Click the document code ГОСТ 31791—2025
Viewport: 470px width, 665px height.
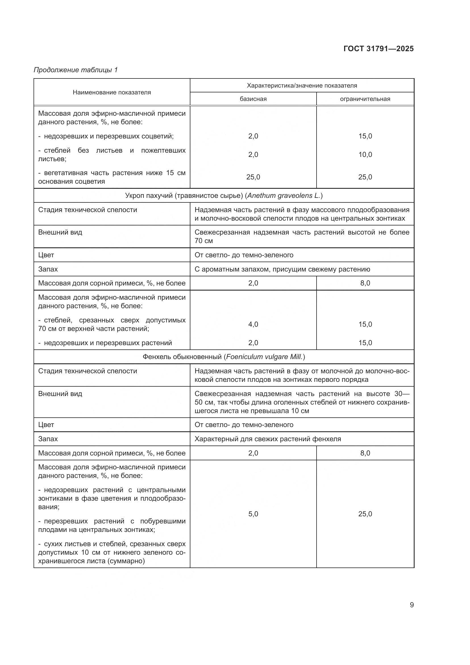378,49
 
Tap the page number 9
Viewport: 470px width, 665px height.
411,605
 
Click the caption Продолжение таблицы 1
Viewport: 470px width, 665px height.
76,70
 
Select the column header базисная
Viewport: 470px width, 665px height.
253,99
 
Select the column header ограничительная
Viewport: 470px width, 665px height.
365,99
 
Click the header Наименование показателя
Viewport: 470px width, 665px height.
112,92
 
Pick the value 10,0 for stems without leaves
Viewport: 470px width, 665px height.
365,155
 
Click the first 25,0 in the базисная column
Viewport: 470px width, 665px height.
253,177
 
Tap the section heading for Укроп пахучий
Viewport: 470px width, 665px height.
224,196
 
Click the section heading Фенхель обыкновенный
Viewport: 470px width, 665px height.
224,357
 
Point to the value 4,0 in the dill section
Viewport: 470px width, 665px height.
253,324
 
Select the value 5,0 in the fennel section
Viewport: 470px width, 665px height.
253,514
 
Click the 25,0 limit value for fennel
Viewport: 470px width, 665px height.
365,514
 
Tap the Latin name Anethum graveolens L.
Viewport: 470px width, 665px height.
284,196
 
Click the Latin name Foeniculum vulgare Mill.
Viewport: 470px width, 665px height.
265,357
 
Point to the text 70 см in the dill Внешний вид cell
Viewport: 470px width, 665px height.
203,241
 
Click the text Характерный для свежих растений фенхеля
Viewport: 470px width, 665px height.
268,439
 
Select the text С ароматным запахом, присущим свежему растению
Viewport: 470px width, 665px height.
282,269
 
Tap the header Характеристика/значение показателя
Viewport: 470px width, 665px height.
301,86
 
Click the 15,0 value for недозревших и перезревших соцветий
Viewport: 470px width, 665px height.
365,136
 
